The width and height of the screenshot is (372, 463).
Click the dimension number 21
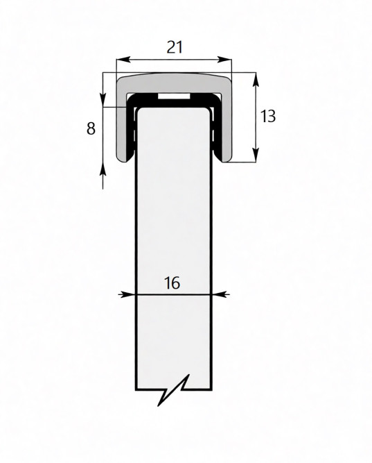(x=175, y=47)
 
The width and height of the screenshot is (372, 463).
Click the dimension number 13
(x=268, y=116)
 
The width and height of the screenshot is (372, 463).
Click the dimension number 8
(x=91, y=128)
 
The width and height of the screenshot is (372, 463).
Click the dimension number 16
(x=172, y=283)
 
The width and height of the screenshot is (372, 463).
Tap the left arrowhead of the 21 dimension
(x=123, y=60)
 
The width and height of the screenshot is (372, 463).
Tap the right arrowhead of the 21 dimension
(x=224, y=60)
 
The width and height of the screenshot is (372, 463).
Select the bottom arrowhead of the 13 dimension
(x=256, y=155)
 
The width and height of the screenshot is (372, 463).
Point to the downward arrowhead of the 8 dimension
(x=103, y=100)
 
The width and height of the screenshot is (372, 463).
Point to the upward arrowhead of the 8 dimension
(x=103, y=169)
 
